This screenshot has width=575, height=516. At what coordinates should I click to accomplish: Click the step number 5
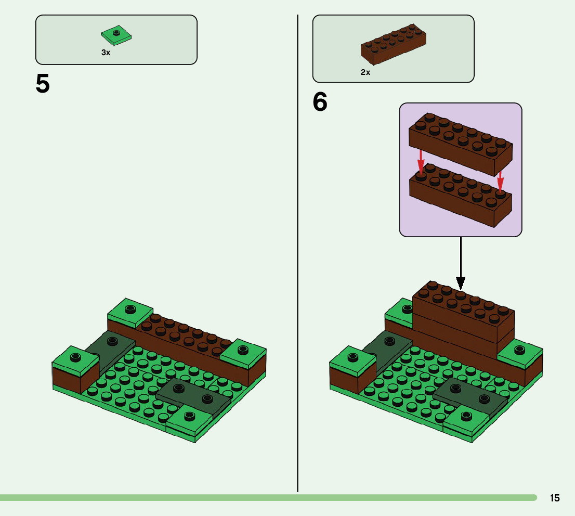(x=43, y=84)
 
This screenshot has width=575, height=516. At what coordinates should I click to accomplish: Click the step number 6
(x=320, y=102)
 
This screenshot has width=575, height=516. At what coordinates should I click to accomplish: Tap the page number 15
(x=555, y=498)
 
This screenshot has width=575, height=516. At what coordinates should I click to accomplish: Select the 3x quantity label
(x=106, y=53)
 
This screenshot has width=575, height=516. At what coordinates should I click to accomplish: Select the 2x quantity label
(x=365, y=73)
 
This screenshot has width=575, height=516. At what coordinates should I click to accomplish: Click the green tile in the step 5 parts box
(x=116, y=35)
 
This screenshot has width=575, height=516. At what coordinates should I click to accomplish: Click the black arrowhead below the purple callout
(x=461, y=282)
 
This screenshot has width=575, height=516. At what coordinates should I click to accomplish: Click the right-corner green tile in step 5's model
(x=243, y=352)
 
